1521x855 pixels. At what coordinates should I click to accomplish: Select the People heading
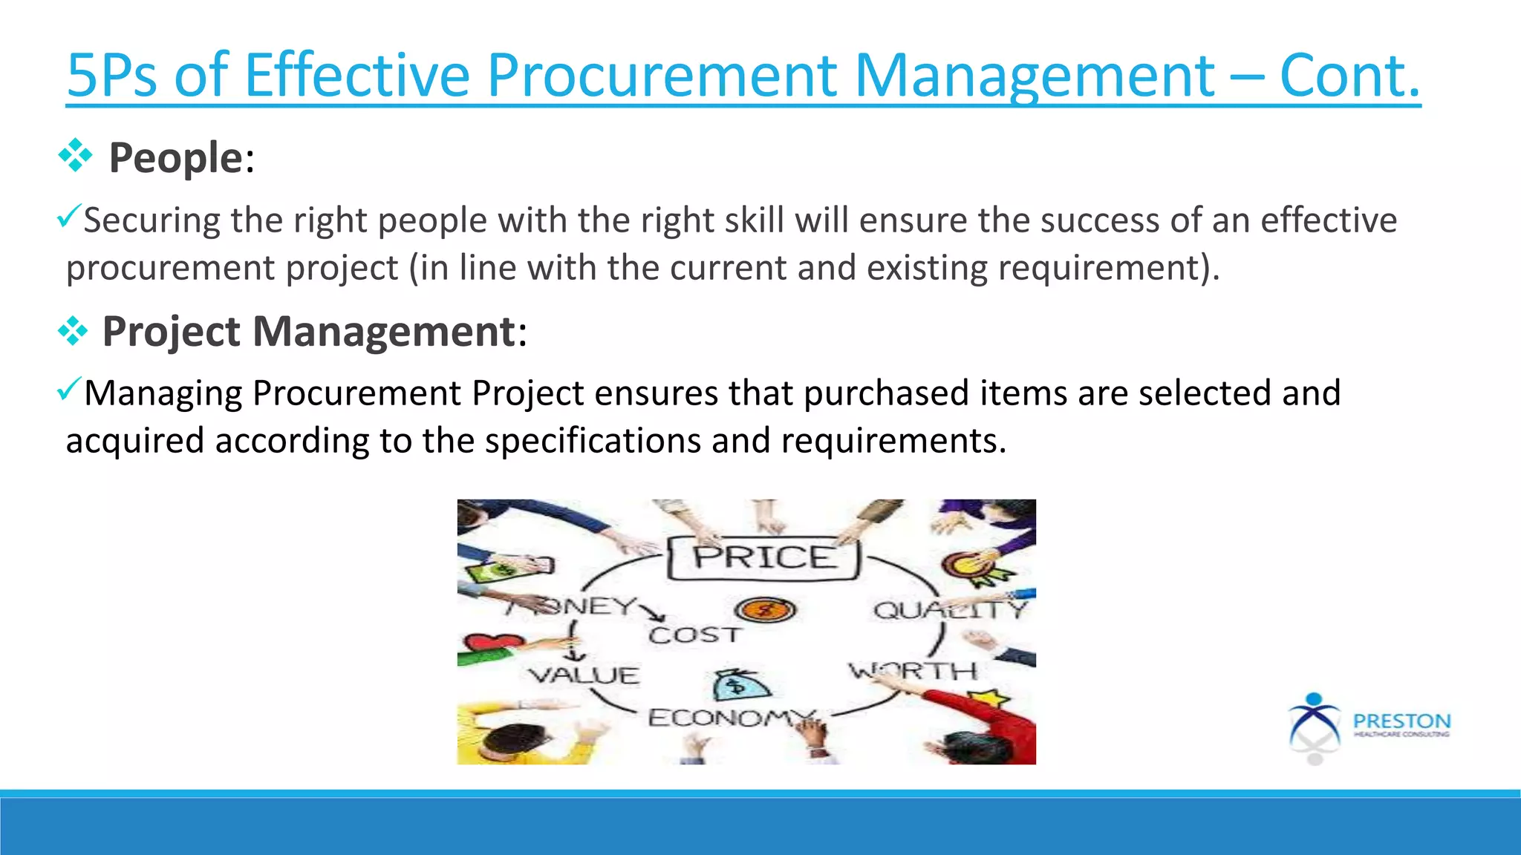click(x=175, y=158)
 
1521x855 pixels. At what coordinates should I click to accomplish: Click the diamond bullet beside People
click(x=75, y=156)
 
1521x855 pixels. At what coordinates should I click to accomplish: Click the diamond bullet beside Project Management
click(x=73, y=330)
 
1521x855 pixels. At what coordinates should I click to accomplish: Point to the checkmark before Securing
click(x=68, y=217)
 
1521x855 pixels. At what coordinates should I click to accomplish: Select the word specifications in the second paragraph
click(x=592, y=441)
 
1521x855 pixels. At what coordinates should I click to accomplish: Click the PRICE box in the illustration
click(x=763, y=558)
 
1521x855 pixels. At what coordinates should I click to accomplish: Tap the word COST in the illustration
click(x=694, y=635)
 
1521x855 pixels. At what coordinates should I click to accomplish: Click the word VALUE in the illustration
click(x=584, y=675)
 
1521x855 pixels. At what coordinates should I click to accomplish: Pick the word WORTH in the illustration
click(x=913, y=671)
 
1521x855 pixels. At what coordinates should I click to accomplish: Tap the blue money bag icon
click(x=739, y=685)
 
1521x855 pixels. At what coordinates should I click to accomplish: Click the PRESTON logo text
click(x=1401, y=721)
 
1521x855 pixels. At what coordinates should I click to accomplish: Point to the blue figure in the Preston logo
click(x=1314, y=720)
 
